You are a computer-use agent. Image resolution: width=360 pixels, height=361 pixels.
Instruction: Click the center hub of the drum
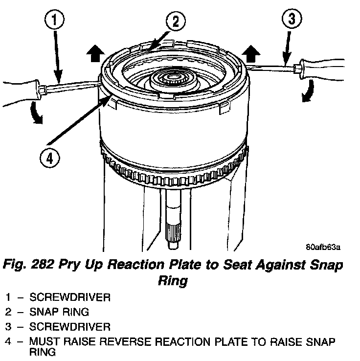coord(174,79)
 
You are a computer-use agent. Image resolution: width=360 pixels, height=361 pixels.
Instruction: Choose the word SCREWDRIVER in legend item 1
coord(69,297)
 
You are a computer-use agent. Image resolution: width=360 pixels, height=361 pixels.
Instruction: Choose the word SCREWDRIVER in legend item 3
coord(69,326)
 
